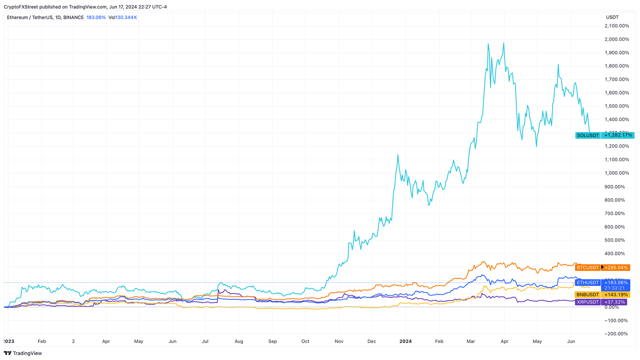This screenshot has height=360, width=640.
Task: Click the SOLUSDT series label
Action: pos(587,135)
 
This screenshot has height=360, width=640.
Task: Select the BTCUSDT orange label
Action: pos(587,267)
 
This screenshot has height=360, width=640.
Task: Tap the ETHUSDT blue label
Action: pos(587,282)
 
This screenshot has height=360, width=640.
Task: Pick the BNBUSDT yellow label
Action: pos(587,295)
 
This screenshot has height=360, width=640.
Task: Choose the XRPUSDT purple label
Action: pos(587,302)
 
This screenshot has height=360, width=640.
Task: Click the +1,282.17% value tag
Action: pos(618,135)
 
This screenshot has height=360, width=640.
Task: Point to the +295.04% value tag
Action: pos(616,267)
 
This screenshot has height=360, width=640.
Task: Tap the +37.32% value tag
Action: pos(615,302)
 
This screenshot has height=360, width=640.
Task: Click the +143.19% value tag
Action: pos(616,295)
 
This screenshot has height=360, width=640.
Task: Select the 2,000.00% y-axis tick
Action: pos(617,39)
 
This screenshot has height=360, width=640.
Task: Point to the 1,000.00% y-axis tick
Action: pos(617,173)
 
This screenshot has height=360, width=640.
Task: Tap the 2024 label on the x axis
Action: pos(405,341)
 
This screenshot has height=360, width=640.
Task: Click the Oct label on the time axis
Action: pos(305,341)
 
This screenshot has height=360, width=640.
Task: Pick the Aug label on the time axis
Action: pos(239,341)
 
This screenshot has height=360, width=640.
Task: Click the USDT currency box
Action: pos(612,17)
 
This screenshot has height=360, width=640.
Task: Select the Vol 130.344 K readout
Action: pos(122,17)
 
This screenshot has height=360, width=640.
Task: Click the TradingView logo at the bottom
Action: pos(23,353)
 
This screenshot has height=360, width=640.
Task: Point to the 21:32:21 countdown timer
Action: pos(615,288)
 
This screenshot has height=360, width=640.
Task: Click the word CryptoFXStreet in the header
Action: pos(21,7)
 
